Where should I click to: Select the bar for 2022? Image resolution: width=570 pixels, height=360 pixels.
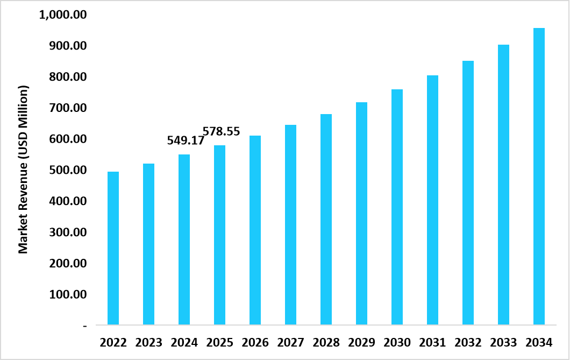(113, 248)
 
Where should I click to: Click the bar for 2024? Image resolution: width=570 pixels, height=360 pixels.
(184, 239)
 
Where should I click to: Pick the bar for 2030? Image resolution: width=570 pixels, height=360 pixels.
(397, 207)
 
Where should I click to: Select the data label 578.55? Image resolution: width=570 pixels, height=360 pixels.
(221, 131)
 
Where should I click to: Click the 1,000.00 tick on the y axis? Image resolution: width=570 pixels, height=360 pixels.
(63, 15)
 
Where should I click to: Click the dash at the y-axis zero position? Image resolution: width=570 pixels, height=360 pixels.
(84, 326)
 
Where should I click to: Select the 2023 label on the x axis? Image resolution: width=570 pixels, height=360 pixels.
(148, 342)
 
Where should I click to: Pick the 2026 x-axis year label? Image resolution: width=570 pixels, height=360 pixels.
(255, 342)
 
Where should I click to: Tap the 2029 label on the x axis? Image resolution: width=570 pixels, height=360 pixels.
(361, 342)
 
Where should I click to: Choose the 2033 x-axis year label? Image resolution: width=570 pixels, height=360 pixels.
(503, 342)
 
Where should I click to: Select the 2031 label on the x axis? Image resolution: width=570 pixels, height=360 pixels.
(432, 342)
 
